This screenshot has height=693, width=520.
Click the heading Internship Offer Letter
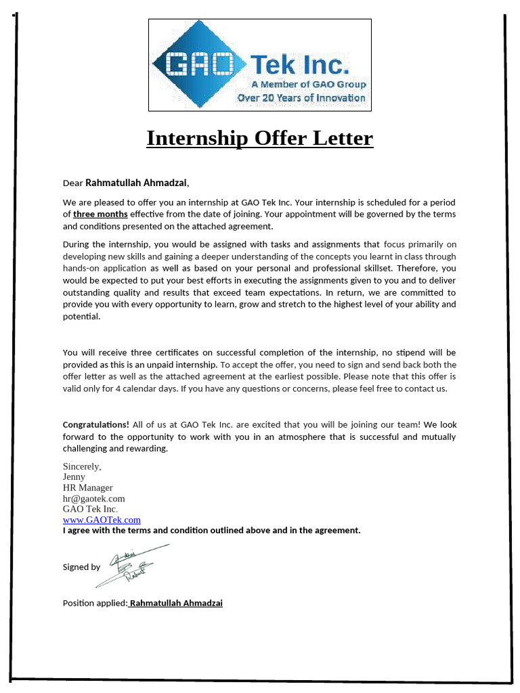point(260,138)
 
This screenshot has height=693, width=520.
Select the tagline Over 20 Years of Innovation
point(301,98)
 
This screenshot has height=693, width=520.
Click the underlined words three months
point(100,215)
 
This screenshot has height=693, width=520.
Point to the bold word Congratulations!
point(95,425)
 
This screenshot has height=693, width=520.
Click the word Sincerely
point(82,466)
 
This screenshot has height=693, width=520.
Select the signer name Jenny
point(74,477)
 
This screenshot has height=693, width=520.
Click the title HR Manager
point(87,488)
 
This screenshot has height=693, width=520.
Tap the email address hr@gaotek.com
point(93,499)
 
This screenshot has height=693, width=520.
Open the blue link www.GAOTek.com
point(102,520)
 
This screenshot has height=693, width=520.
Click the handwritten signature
point(132,564)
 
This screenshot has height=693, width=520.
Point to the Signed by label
point(81,567)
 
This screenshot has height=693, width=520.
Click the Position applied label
point(94,603)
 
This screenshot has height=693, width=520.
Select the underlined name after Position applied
point(175,603)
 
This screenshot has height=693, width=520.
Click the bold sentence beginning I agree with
point(211,531)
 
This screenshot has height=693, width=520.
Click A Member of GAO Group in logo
point(308,85)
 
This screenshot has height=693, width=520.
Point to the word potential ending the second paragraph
point(81,317)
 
